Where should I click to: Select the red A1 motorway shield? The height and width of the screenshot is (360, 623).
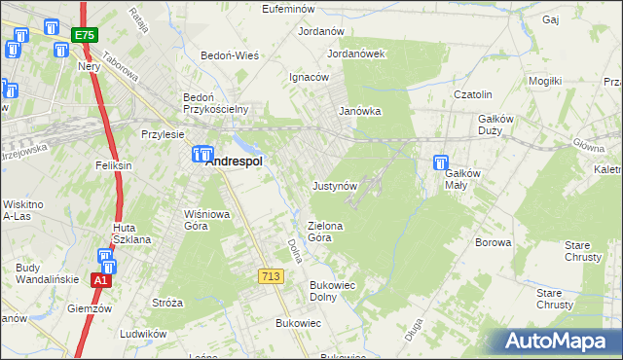click(99, 280)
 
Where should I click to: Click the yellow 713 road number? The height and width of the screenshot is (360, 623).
click(271, 277)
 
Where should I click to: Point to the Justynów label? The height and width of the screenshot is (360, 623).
click(336, 185)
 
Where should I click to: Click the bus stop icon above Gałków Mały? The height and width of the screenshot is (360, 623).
click(440, 162)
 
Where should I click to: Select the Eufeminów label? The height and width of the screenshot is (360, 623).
click(292, 9)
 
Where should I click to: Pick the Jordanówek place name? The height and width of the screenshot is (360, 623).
click(357, 54)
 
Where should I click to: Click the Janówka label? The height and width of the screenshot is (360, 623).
click(359, 111)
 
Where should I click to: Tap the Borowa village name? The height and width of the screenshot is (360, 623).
click(493, 242)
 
